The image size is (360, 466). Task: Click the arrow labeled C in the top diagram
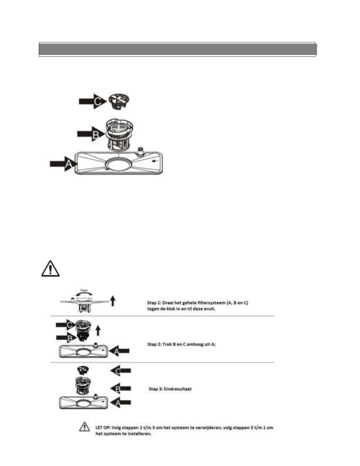pos(92,101)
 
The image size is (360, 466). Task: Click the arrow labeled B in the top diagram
pos(90,134)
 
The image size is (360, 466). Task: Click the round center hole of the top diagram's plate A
pos(118,164)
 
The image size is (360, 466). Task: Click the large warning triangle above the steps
pos(50,268)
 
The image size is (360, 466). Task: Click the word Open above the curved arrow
pos(84,290)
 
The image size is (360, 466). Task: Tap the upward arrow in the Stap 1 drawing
pos(113,301)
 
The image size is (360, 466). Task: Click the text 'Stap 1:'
pos(154,303)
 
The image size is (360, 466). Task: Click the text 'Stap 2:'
pos(154,344)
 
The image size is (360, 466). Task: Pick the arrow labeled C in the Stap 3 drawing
pos(121,371)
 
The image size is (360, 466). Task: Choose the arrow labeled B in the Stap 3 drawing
pos(121,389)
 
